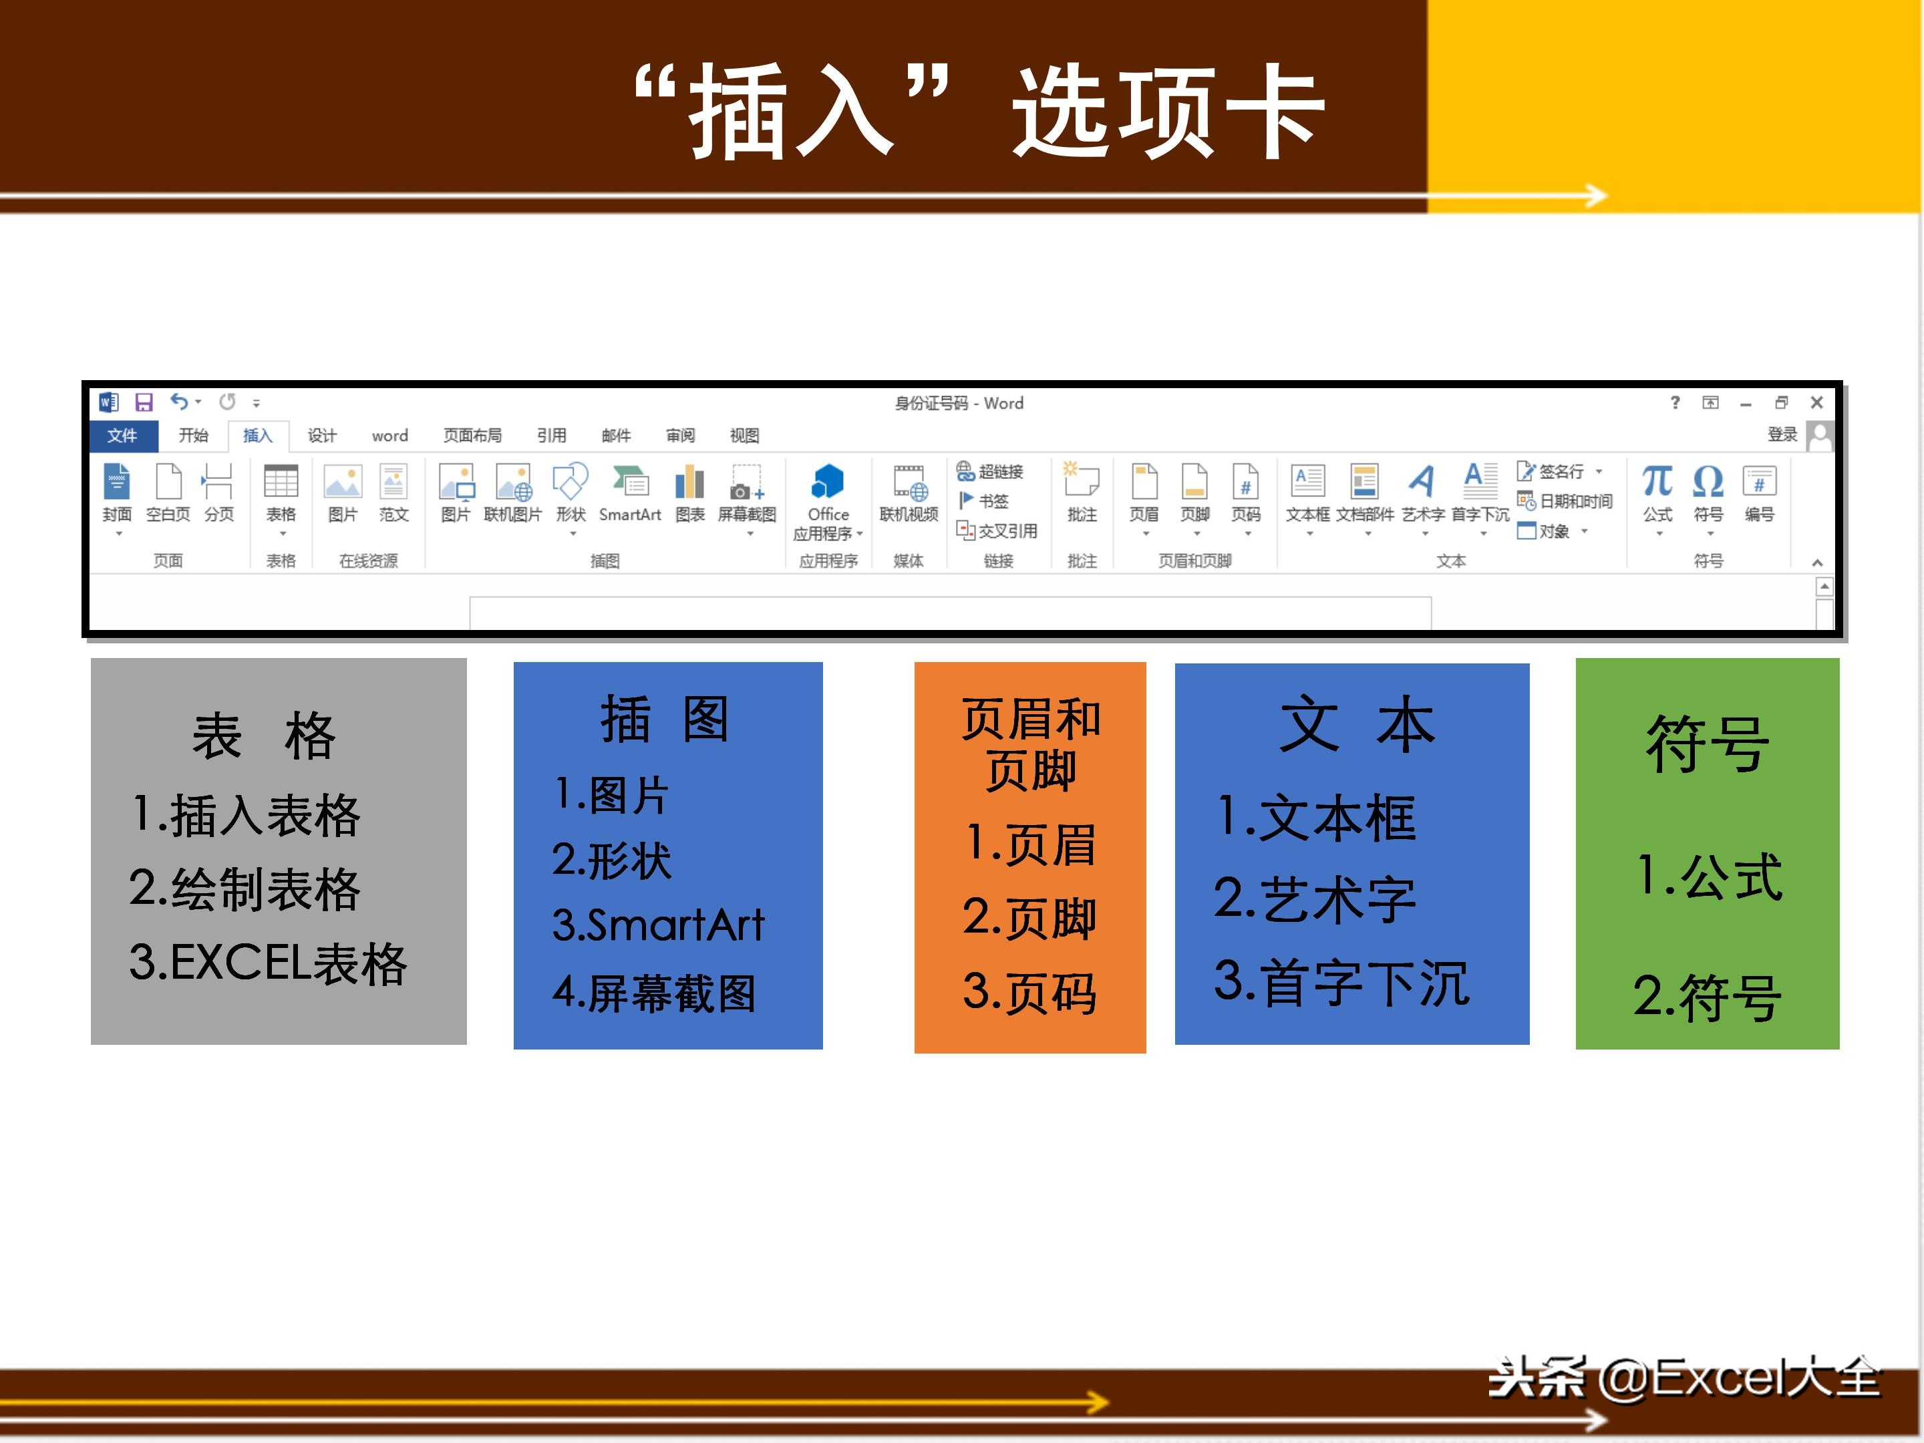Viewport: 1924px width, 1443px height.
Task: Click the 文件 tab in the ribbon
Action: pyautogui.click(x=123, y=435)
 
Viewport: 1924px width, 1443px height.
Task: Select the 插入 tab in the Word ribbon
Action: pyautogui.click(x=257, y=435)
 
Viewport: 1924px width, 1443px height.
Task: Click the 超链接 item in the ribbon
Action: pyautogui.click(x=991, y=472)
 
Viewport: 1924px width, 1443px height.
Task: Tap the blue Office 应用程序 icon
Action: pyautogui.click(x=827, y=481)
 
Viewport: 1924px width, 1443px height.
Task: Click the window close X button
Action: pyautogui.click(x=1816, y=402)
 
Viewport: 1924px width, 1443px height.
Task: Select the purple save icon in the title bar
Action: pyautogui.click(x=144, y=402)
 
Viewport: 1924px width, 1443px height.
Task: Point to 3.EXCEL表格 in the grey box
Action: pyautogui.click(x=268, y=963)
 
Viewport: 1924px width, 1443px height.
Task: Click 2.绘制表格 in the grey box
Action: pyautogui.click(x=245, y=889)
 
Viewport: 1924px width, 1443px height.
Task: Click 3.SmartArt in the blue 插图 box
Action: pyautogui.click(x=657, y=924)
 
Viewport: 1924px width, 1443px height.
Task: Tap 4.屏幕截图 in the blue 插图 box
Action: pyautogui.click(x=654, y=993)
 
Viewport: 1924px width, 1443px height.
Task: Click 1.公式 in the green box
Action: pyautogui.click(x=1709, y=876)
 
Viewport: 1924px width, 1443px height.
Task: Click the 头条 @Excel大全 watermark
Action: pyautogui.click(x=1684, y=1378)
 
